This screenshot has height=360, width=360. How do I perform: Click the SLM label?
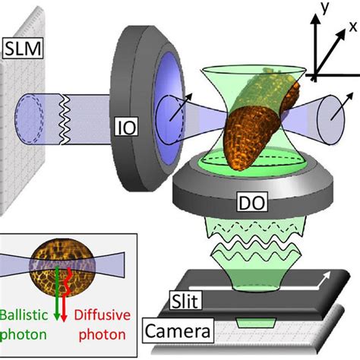coord(23,49)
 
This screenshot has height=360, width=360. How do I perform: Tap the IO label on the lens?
coord(127,127)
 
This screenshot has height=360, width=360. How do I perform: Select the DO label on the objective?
coord(252,202)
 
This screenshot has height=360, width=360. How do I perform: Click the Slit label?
coord(185,301)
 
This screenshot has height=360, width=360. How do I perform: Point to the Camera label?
coord(178,331)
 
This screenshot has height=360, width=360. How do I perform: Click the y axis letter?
coord(324,8)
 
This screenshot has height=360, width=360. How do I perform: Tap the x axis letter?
coord(352,27)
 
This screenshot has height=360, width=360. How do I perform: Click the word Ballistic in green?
coord(24,315)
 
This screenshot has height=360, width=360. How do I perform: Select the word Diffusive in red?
coord(103,315)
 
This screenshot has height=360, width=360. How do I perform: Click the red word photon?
coord(103,335)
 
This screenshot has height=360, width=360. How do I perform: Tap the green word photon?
coord(24,335)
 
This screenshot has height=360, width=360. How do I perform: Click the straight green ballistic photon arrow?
coord(57,293)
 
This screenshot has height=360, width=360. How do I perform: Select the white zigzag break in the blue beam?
coord(65,119)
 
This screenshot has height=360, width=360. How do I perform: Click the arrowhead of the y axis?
coord(315,18)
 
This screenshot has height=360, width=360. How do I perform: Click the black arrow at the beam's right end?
coord(342,106)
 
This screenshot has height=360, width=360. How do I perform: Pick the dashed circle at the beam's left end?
coord(28,119)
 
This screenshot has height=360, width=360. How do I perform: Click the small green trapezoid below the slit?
coord(256,322)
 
